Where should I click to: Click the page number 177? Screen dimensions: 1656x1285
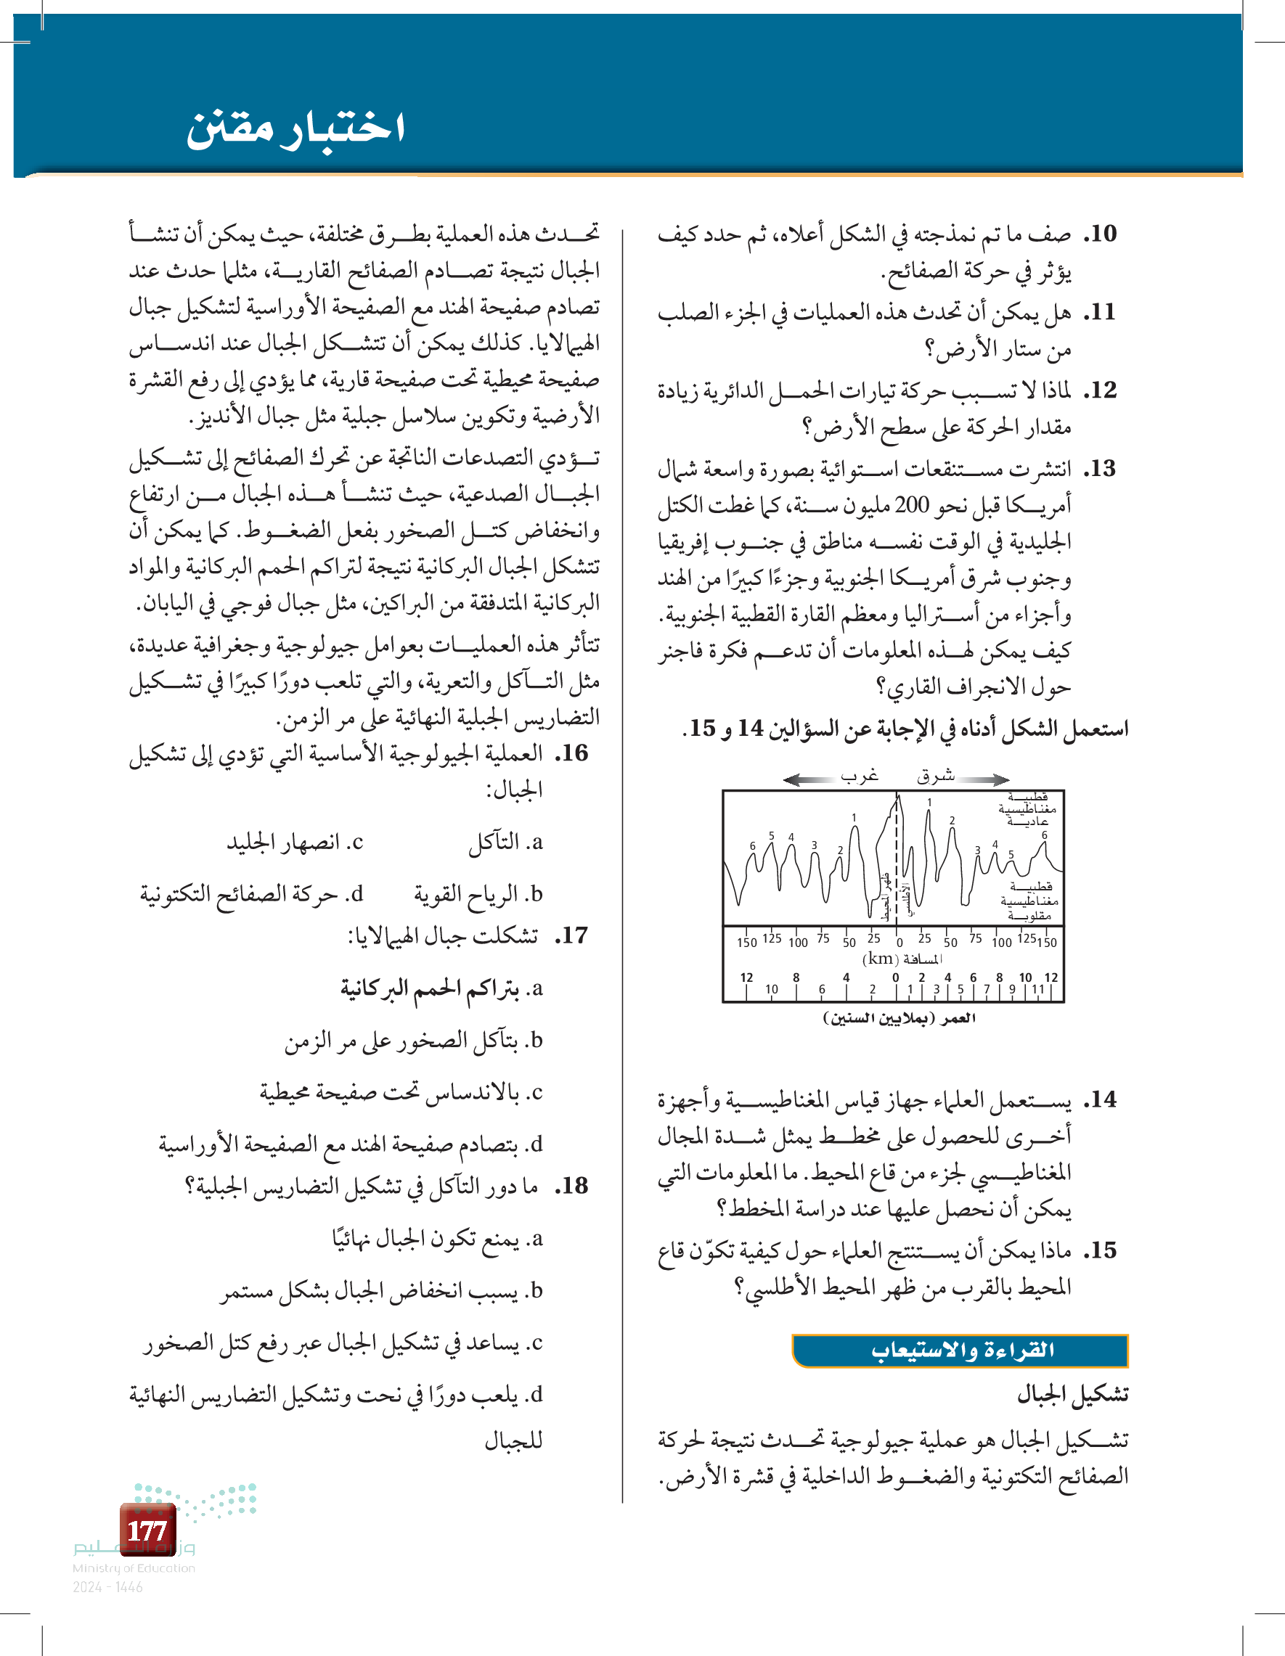pyautogui.click(x=147, y=1530)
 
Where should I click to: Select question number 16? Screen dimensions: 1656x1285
pyautogui.click(x=573, y=753)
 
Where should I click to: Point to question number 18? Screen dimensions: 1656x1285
pyautogui.click(x=573, y=1185)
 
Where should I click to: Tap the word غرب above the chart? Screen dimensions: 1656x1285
pyautogui.click(x=860, y=775)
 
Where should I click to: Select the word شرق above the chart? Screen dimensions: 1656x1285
pyautogui.click(x=935, y=775)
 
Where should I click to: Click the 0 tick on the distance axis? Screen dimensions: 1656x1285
pyautogui.click(x=899, y=943)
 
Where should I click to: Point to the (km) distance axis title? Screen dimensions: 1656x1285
pyautogui.click(x=902, y=959)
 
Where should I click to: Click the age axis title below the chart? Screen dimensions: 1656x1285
pyautogui.click(x=899, y=1018)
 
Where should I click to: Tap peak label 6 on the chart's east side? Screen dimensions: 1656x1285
pyautogui.click(x=1045, y=835)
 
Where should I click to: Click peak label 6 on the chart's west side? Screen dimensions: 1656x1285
pyautogui.click(x=753, y=845)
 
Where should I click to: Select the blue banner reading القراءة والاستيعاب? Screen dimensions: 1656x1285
pyautogui.click(x=960, y=1350)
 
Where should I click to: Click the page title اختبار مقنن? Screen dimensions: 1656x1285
pyautogui.click(x=295, y=128)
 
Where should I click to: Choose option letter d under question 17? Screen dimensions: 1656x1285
pyautogui.click(x=537, y=1144)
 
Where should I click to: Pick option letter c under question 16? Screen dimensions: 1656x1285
pyautogui.click(x=356, y=842)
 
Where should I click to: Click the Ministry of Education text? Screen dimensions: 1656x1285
pyautogui.click(x=134, y=1568)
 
